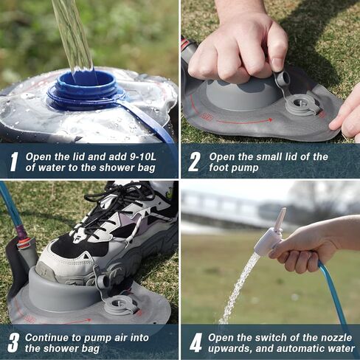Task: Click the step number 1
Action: pyautogui.click(x=13, y=162)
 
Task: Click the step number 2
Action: pyautogui.click(x=194, y=162)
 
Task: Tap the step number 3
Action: pyautogui.click(x=13, y=342)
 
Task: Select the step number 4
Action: pyautogui.click(x=195, y=342)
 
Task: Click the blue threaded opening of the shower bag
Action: pyautogui.click(x=86, y=89)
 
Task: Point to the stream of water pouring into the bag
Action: pyautogui.click(x=72, y=33)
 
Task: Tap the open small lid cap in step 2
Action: pyautogui.click(x=282, y=79)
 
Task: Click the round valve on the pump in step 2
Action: pyautogui.click(x=302, y=104)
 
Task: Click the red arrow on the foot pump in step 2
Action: pyautogui.click(x=243, y=120)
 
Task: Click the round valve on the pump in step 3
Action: pyautogui.click(x=120, y=304)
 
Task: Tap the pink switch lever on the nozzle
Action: pyautogui.click(x=280, y=219)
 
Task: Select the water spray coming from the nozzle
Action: pyautogui.click(x=240, y=288)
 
